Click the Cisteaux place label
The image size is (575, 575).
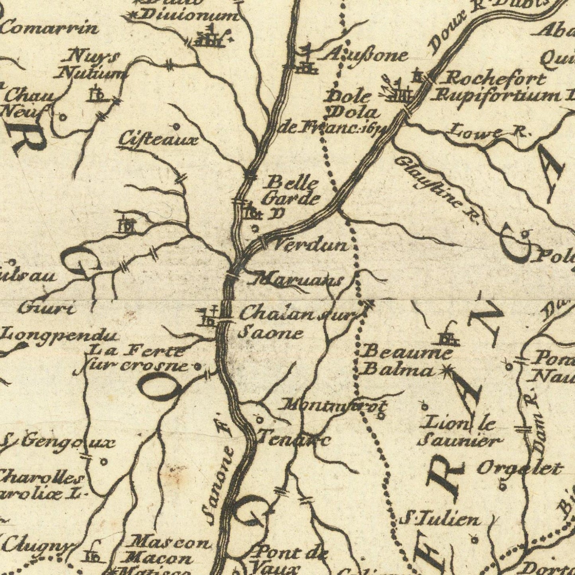click(x=158, y=140)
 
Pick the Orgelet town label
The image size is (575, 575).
click(x=520, y=468)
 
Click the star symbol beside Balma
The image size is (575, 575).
click(x=446, y=372)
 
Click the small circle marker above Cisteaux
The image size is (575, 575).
click(x=176, y=127)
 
